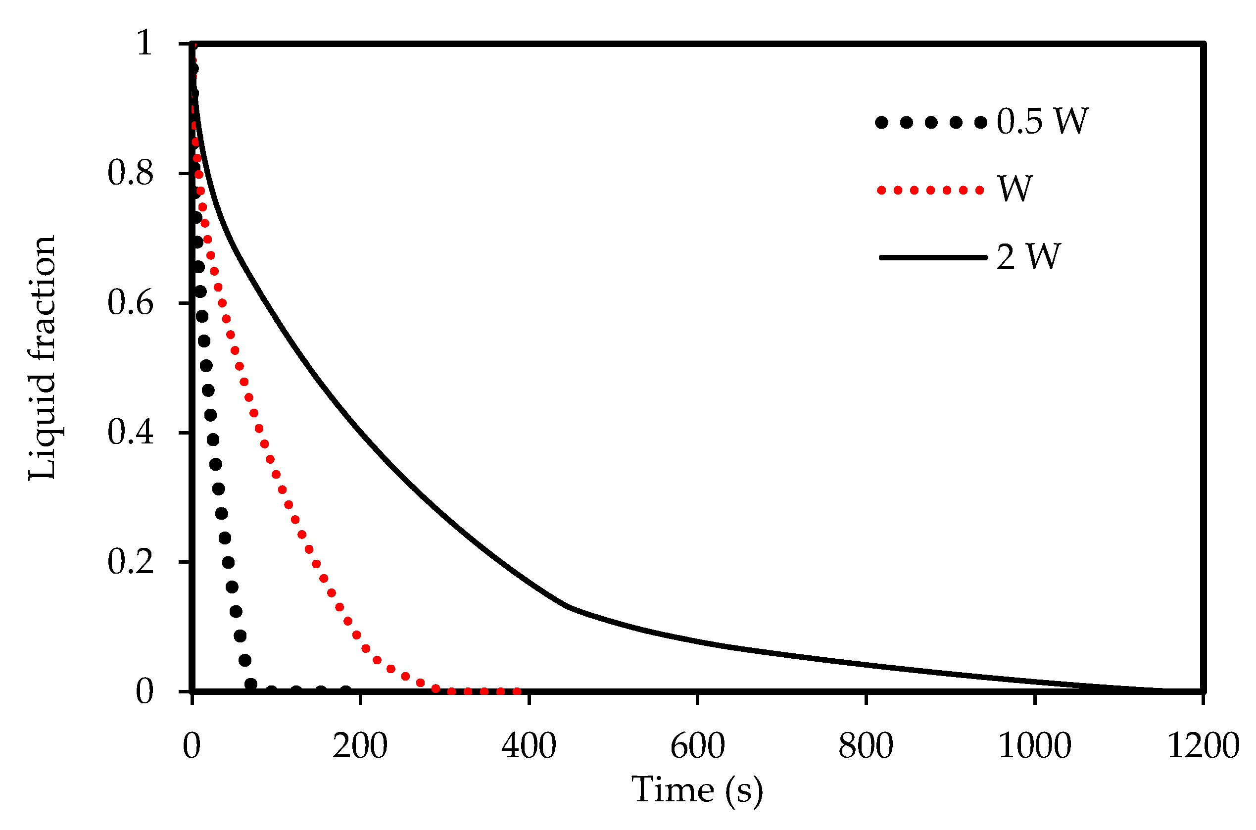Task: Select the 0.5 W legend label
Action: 1042,122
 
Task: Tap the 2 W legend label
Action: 1028,257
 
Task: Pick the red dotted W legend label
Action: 1014,189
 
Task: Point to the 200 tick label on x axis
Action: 360,746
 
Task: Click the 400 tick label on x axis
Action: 528,746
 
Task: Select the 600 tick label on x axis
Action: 697,746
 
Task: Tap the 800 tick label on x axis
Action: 866,746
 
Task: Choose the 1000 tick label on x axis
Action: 1034,746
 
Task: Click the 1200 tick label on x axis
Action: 1203,746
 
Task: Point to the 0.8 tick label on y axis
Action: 130,173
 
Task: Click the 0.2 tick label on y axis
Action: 130,562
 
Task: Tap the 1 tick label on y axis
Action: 145,44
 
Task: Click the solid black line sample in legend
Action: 933,258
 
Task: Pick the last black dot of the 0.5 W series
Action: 345,691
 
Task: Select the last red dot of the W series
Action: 517,691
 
